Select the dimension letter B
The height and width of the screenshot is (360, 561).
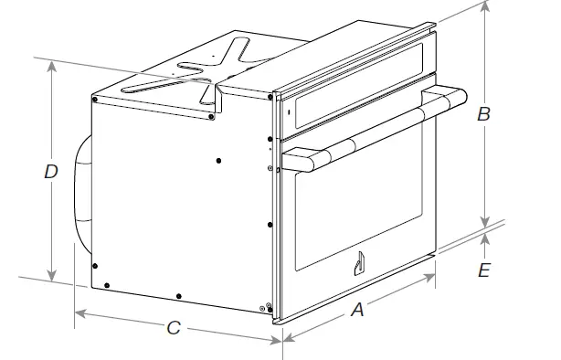click(x=484, y=114)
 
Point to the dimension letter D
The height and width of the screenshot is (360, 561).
click(x=52, y=171)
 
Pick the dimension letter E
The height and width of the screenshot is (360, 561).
click(x=484, y=270)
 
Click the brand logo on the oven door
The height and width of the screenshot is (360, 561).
click(x=358, y=264)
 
